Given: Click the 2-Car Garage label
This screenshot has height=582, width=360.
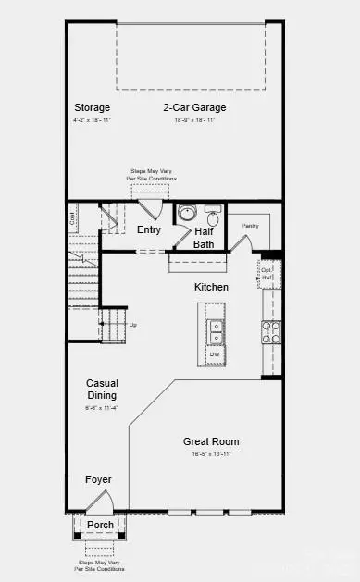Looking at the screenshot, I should point(194,106).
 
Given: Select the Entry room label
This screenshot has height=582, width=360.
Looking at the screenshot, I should point(148,229).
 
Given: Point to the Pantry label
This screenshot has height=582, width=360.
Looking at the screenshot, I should point(250,225).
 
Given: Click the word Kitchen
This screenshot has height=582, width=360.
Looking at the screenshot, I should point(211,287).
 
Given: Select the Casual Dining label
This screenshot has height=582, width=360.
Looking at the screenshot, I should point(102,389).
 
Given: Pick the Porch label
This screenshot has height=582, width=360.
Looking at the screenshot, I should point(100,525).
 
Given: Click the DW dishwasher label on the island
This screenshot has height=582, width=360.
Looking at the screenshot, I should point(215,353).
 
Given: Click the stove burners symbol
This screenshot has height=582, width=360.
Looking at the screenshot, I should point(270,332).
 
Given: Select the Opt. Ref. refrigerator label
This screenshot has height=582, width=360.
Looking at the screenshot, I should point(267,274).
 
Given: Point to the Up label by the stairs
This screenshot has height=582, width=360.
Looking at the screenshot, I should point(132,325).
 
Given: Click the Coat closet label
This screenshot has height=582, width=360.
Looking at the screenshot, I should point(71,218).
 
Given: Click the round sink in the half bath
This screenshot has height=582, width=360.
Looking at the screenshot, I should point(186,214).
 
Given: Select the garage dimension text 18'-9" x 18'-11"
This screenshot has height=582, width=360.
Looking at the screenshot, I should point(194,120).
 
